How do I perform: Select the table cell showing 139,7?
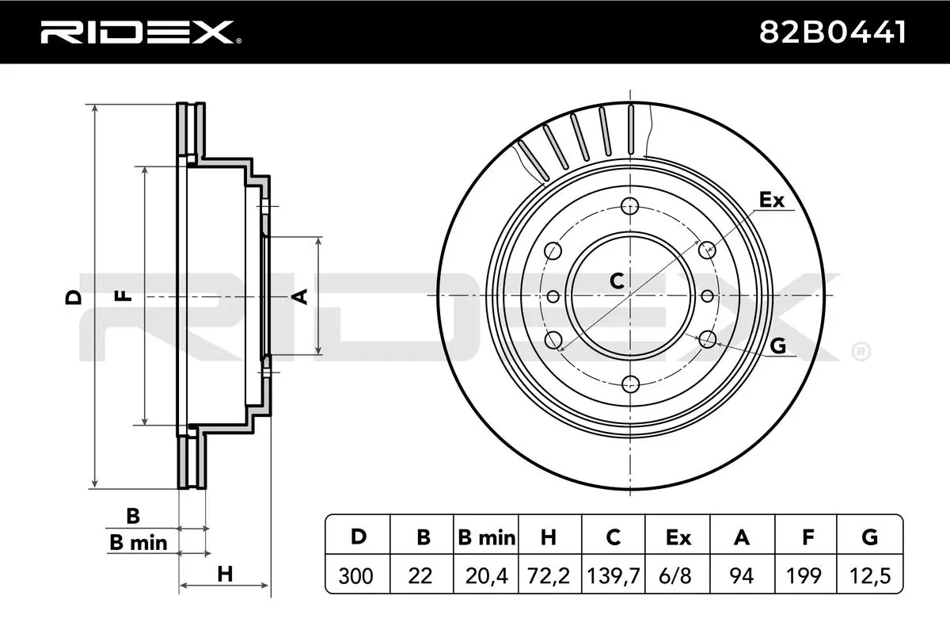tap(613, 575)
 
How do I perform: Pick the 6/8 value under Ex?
tap(678, 575)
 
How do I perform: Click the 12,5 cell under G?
tap(870, 575)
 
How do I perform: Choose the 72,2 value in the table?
tap(548, 575)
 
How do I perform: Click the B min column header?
tap(485, 538)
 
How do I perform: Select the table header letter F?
tap(807, 538)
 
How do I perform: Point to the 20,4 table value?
tap(485, 575)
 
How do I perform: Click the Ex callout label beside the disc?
tap(771, 200)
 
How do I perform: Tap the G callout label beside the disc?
tap(777, 346)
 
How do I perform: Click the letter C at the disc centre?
tap(617, 279)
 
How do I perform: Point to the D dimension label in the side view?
tap(74, 297)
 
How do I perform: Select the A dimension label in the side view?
tap(299, 296)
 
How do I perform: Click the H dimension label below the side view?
tap(225, 574)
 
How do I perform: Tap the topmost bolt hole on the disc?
tap(630, 206)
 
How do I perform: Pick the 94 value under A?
tap(742, 575)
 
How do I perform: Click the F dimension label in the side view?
tap(122, 296)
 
